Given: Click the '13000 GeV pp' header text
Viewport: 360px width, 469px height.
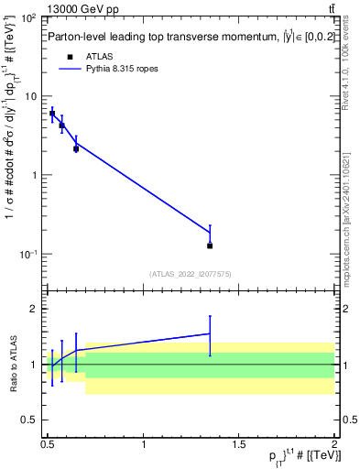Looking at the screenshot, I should coord(82,9).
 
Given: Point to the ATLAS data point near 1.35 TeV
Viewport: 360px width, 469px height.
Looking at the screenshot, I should coord(210,245).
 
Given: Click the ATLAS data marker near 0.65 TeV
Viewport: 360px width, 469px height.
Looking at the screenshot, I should coord(76,148).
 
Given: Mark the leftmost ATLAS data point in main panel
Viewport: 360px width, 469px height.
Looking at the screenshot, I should coord(52,114).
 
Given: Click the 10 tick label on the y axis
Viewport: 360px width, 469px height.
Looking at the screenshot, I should coord(34,97).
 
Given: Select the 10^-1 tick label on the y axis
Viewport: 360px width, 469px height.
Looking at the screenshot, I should coord(30,254).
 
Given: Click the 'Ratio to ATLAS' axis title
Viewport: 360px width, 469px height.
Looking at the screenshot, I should coord(12,365).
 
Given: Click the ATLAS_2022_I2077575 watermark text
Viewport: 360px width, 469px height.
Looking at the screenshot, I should coord(191,274).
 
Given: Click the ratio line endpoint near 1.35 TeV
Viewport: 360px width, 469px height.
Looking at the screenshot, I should coord(210,333).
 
